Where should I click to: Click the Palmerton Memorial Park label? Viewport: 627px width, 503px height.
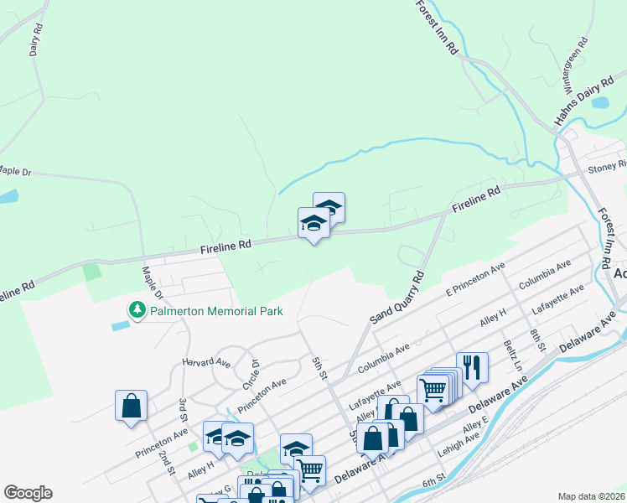coord(216,311)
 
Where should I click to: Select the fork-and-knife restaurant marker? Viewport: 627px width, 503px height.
coord(472,367)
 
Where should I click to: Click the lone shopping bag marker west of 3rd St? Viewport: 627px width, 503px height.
coord(132,407)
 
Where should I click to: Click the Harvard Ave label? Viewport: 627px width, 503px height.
coord(206,363)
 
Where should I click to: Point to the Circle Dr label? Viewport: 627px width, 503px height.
coord(251,374)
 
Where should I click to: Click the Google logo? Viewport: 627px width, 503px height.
coord(28,493)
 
